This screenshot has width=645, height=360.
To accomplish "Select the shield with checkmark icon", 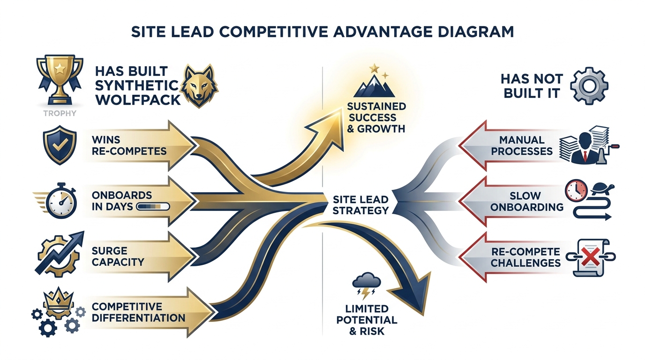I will (x=59, y=146).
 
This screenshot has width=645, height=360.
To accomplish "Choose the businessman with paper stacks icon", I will (x=586, y=145).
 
